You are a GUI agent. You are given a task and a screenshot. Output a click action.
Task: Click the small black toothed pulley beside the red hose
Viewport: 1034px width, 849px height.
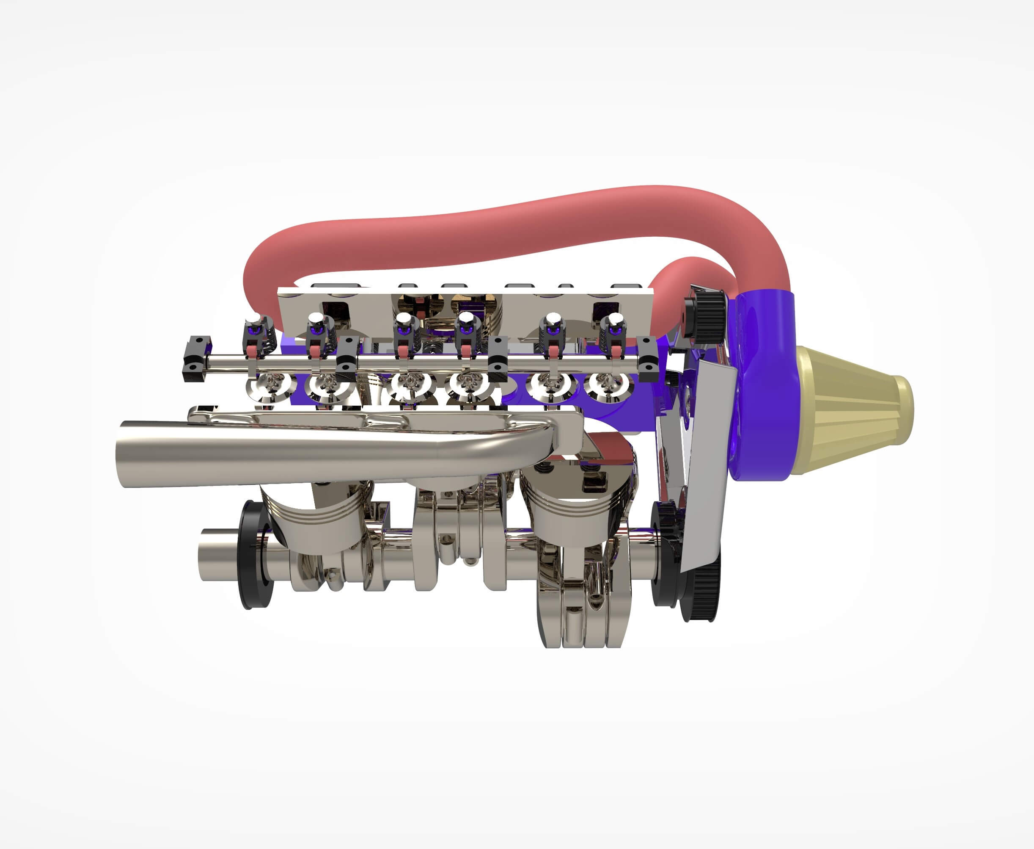tap(707, 315)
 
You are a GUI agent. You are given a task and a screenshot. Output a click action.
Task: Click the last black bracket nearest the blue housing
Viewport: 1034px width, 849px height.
tap(649, 359)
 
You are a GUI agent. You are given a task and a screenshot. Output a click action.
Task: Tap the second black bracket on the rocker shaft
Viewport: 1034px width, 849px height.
tap(347, 359)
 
